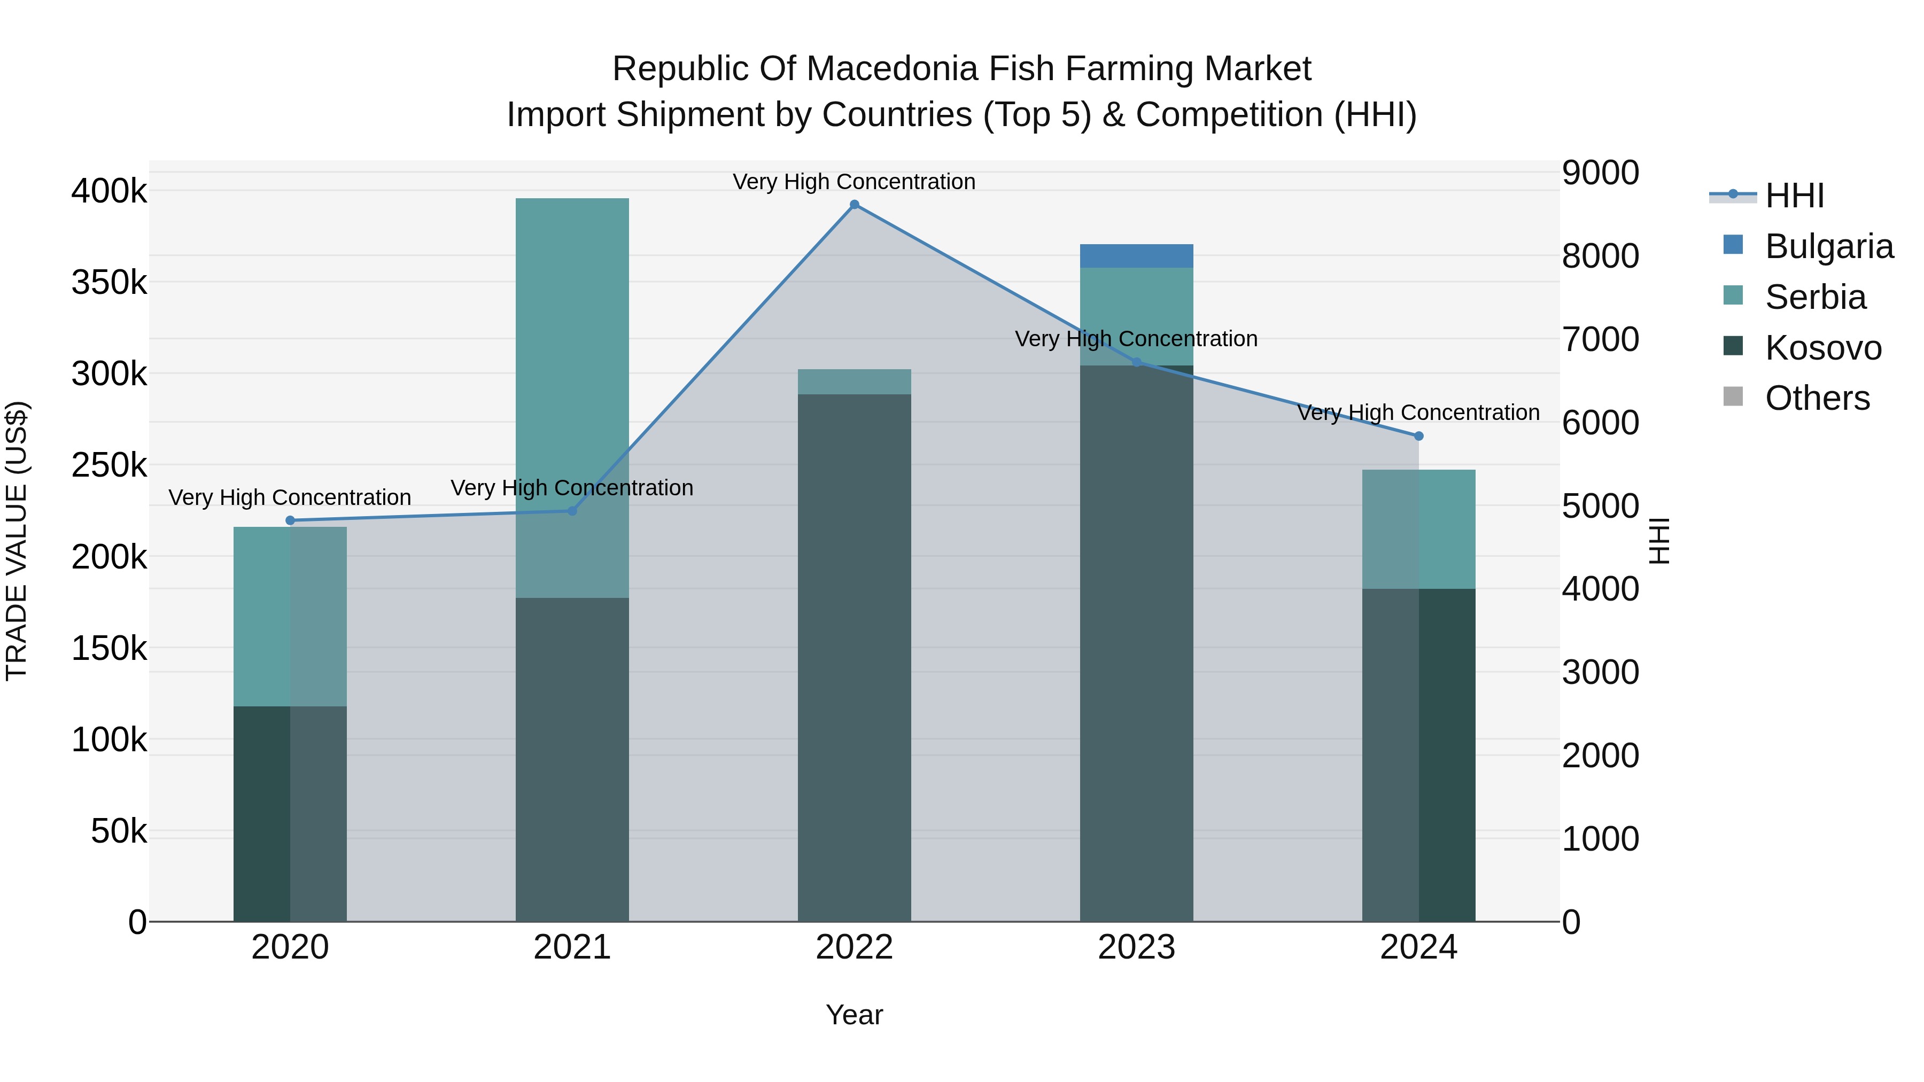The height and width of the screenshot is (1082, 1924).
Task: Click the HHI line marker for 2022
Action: tap(855, 205)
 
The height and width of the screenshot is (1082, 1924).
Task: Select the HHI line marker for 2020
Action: tap(291, 520)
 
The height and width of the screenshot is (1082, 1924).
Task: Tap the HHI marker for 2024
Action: tap(1418, 436)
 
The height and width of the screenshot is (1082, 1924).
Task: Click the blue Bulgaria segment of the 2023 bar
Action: tap(1136, 256)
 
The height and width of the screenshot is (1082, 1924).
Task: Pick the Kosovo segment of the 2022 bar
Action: tap(855, 657)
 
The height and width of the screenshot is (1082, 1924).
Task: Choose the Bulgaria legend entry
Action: tap(1828, 246)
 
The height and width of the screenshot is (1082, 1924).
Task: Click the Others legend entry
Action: tap(1817, 398)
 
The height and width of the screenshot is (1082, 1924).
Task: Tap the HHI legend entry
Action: tap(1794, 196)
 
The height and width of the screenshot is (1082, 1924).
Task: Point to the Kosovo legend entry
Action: tap(1822, 348)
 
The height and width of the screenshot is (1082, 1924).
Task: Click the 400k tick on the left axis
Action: tap(109, 191)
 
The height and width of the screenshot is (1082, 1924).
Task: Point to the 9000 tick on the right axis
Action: tap(1601, 173)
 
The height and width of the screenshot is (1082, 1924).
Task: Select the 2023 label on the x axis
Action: tap(1136, 947)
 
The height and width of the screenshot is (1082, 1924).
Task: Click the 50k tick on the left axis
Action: tap(119, 831)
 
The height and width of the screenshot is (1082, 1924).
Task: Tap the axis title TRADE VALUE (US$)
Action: tap(17, 541)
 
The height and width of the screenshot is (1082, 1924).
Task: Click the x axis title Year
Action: tap(855, 1015)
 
